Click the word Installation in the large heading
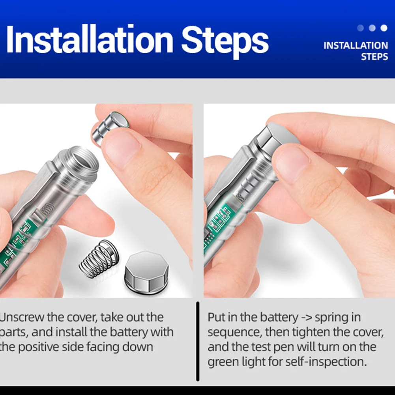(x=90, y=39)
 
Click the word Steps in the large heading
(x=225, y=41)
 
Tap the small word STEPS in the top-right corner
(x=374, y=57)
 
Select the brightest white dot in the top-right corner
(x=384, y=28)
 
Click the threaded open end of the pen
(x=80, y=161)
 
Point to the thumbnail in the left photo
(x=122, y=151)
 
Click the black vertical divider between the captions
(x=198, y=341)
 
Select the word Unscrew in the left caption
(x=22, y=317)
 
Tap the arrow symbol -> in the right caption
(x=306, y=317)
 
